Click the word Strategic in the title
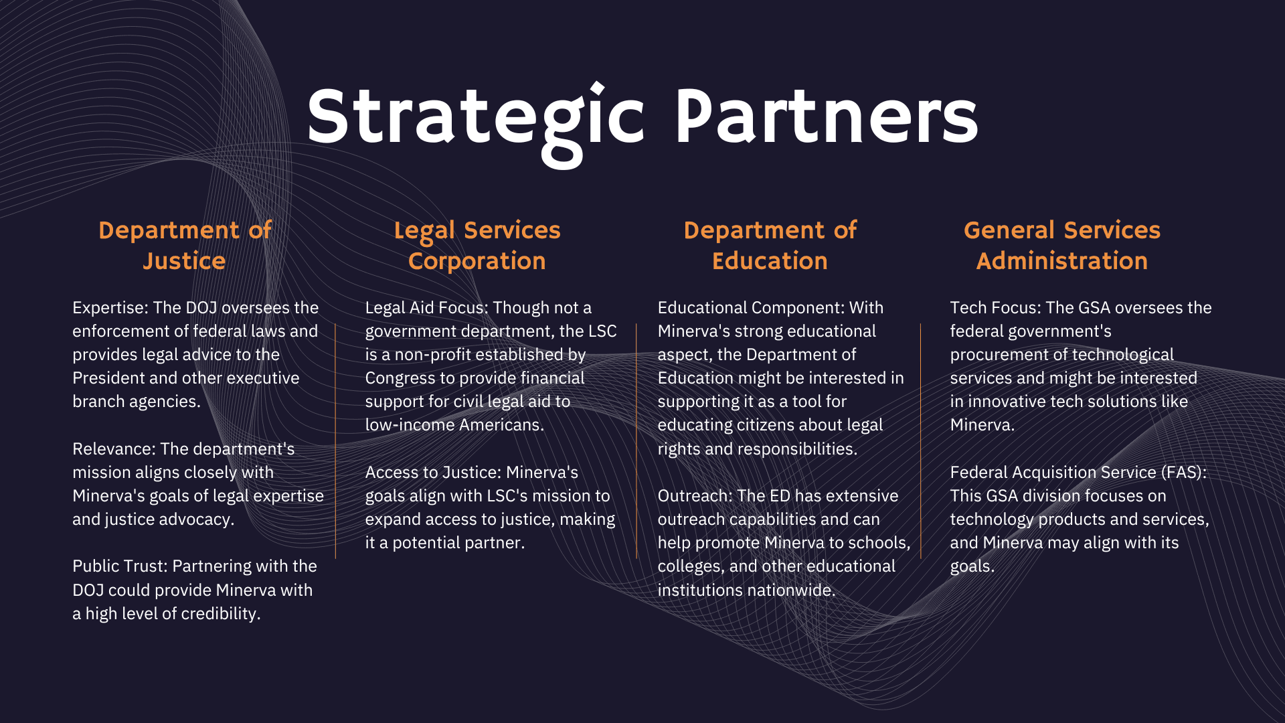(x=475, y=118)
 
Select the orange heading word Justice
(x=184, y=261)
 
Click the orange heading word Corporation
(x=477, y=261)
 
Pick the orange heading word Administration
(x=1061, y=261)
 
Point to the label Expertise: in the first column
(x=110, y=308)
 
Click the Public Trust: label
(x=120, y=566)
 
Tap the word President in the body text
(x=108, y=378)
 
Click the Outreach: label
(x=694, y=496)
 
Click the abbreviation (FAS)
(x=1184, y=473)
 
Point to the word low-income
(x=406, y=425)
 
